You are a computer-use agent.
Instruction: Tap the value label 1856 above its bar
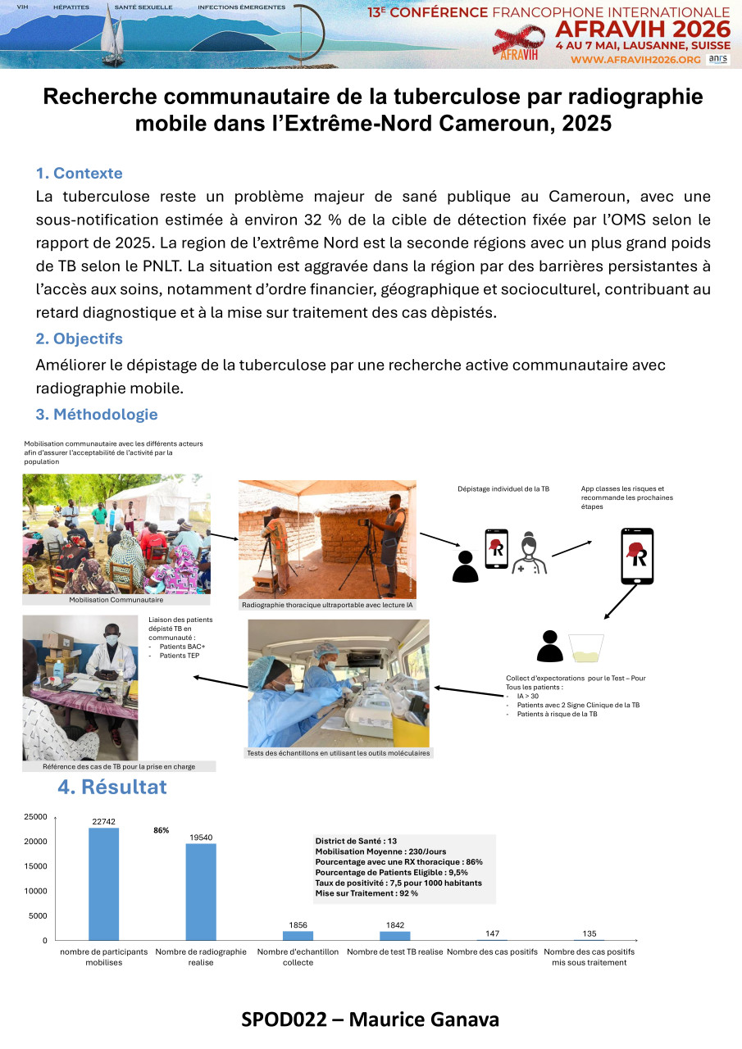coord(298,925)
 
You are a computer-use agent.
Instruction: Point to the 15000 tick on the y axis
coord(36,866)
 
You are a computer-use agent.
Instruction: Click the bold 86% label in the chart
coord(161,830)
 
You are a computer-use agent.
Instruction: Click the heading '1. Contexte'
coord(79,174)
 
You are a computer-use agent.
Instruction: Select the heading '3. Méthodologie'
coord(96,415)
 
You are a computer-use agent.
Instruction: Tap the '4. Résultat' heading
coord(112,788)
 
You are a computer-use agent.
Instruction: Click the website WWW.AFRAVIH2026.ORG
coord(635,60)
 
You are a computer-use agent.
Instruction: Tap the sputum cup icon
coord(586,646)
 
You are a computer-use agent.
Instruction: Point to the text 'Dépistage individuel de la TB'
coord(503,489)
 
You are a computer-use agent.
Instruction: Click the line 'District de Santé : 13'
coord(356,841)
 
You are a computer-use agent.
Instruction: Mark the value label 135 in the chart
coord(589,933)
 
